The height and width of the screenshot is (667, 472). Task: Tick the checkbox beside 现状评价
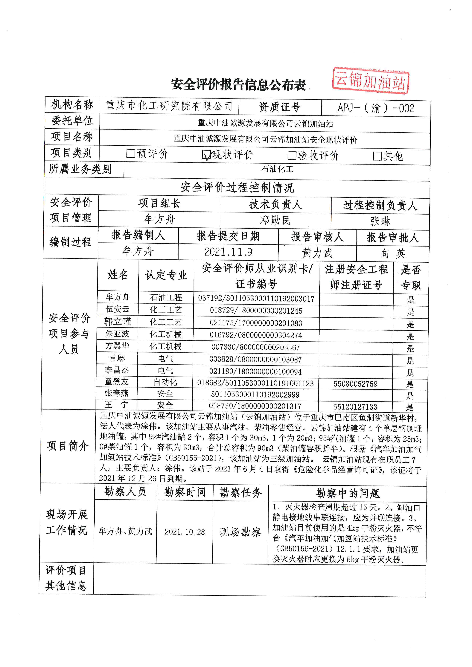(x=206, y=155)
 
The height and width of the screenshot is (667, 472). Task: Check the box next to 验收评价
(x=292, y=155)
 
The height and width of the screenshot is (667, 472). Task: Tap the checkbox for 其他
(x=377, y=156)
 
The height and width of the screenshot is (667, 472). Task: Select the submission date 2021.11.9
(x=228, y=252)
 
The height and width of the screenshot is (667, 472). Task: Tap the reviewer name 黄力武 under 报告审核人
(x=317, y=253)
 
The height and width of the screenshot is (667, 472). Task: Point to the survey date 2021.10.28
(x=185, y=532)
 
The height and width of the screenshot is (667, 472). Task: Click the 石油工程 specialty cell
(x=166, y=297)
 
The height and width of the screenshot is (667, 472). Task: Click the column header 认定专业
(x=166, y=275)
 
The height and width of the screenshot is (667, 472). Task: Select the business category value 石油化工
(x=277, y=169)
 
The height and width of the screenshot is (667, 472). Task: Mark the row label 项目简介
(x=68, y=446)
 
